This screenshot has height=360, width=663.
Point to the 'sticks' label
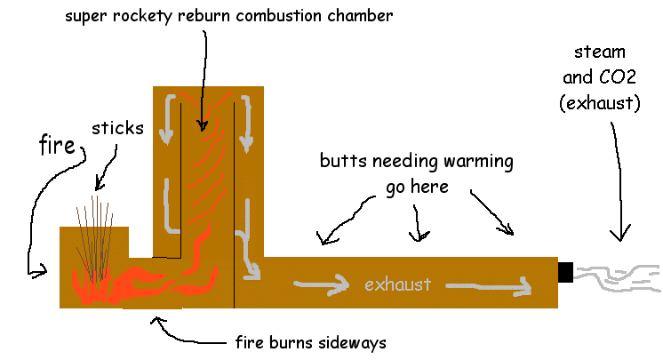click(x=116, y=128)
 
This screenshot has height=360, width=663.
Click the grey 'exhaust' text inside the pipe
click(x=397, y=285)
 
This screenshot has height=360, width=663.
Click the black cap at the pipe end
click(x=565, y=272)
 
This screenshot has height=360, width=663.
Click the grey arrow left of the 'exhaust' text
click(x=322, y=285)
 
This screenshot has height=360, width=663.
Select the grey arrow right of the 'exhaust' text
click(x=489, y=286)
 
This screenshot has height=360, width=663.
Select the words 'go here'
click(x=415, y=188)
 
